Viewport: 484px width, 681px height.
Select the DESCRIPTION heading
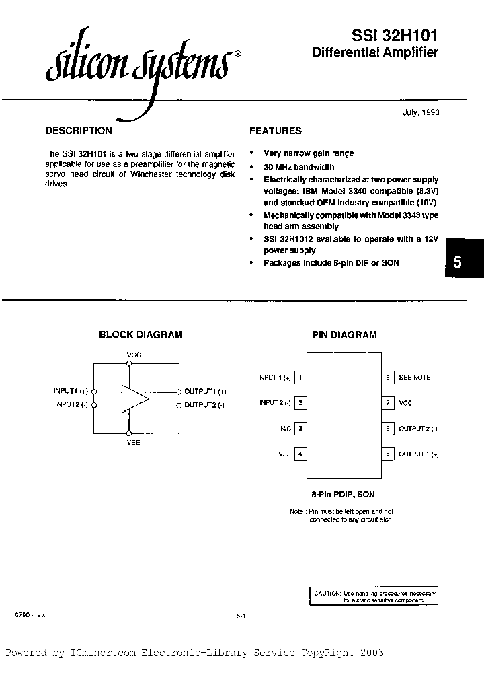point(78,131)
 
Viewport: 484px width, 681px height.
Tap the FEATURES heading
point(276,131)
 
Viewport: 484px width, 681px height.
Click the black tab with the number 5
point(458,263)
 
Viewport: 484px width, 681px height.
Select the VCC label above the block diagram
point(134,354)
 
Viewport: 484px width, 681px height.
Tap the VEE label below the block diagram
point(134,442)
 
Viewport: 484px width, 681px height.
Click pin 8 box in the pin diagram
point(388,378)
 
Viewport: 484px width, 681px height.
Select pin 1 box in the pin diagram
point(300,378)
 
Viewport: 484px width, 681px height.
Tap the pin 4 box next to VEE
point(300,454)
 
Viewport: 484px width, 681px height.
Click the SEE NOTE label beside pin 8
point(414,378)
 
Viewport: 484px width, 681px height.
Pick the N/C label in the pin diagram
point(285,429)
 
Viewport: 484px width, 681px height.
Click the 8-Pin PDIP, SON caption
point(344,495)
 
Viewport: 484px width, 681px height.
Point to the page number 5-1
point(241,616)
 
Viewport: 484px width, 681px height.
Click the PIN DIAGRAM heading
point(344,334)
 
